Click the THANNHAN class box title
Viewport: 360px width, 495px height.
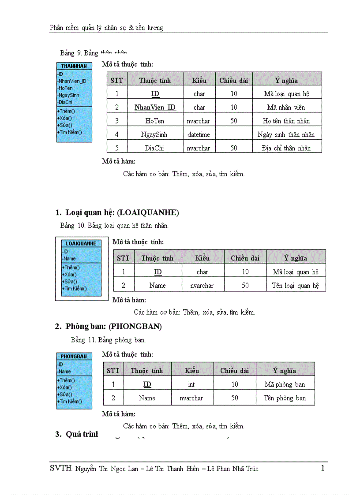pos(74,66)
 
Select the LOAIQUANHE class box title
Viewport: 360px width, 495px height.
pos(81,243)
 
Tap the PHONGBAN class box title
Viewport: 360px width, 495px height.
pos(74,356)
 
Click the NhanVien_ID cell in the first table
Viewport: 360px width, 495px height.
pos(155,107)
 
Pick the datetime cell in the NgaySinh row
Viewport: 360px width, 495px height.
pos(199,134)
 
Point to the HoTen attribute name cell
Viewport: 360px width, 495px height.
pos(155,121)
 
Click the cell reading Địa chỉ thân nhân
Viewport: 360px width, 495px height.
pos(286,148)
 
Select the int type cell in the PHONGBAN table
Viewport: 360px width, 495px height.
pos(191,384)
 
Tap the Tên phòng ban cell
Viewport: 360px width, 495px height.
pos(285,398)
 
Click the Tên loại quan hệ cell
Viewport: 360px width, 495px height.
pos(295,285)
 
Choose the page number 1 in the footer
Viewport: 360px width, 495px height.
pos(323,468)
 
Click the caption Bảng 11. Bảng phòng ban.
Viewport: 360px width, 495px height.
pos(108,340)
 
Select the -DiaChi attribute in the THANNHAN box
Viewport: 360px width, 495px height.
pos(65,102)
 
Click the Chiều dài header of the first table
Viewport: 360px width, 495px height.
pos(233,80)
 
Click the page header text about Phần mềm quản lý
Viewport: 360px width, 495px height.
pos(106,28)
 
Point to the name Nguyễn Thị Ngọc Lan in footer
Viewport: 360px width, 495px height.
pos(110,469)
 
